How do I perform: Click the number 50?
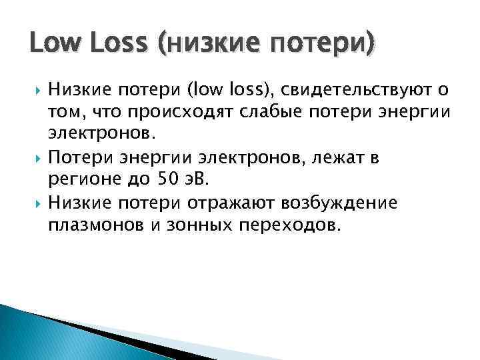(167, 179)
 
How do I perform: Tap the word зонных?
(193, 225)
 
